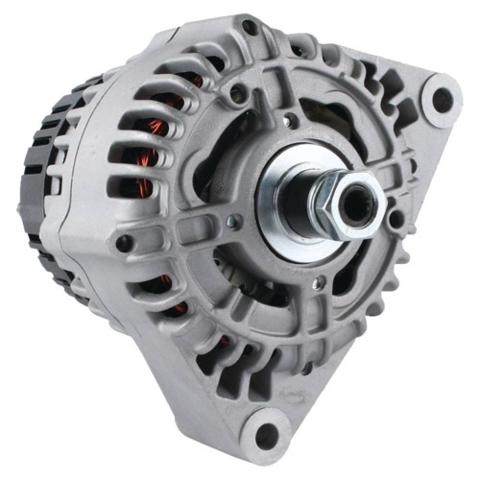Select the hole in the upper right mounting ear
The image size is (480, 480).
(442, 98)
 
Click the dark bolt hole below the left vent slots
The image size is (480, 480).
(124, 244)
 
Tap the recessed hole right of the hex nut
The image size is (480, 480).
(395, 218)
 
